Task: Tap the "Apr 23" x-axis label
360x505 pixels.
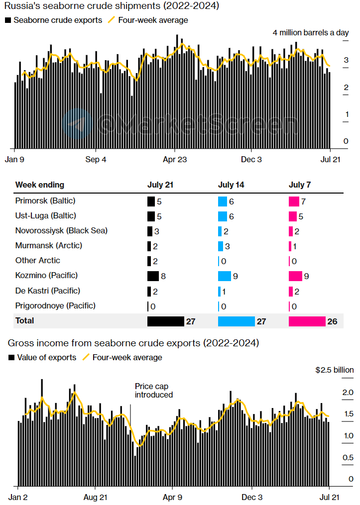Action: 175,160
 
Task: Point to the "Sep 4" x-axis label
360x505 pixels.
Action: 96,160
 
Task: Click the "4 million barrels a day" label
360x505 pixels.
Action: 311,33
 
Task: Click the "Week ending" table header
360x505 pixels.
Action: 40,185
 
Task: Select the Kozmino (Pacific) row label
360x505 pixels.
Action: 47,276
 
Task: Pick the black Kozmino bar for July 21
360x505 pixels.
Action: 153,276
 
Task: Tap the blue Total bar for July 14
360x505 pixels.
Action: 237,321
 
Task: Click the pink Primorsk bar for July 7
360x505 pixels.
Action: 294,202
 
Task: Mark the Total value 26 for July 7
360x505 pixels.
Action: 332,322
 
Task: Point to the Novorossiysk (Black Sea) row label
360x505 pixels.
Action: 61,230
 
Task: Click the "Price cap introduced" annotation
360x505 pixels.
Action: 154,391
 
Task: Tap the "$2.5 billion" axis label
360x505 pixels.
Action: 335,370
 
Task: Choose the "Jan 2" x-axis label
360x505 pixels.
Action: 18,497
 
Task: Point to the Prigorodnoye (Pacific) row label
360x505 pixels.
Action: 55,305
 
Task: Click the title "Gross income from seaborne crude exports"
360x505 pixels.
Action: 133,343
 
